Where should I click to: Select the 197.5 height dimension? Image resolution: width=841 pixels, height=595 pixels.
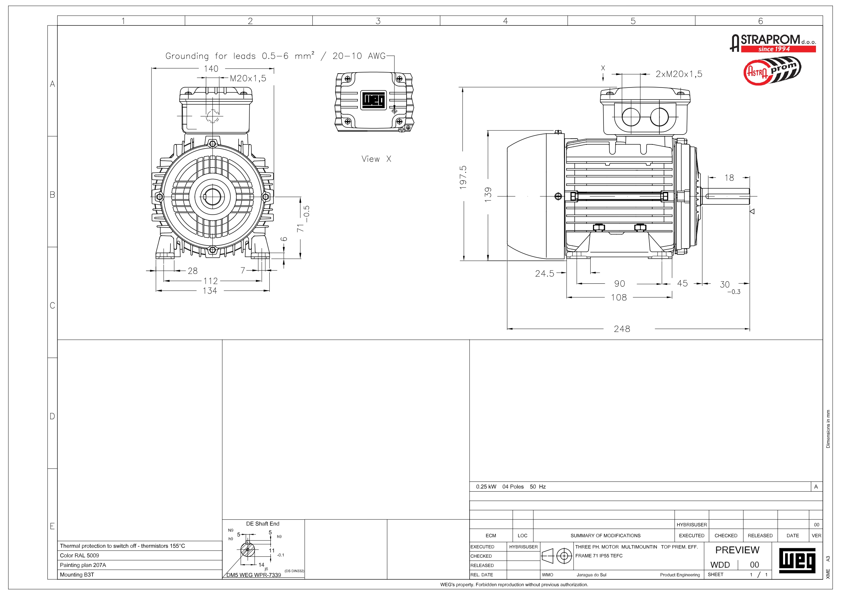(x=463, y=177)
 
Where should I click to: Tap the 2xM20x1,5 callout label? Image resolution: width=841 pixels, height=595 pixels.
(x=679, y=74)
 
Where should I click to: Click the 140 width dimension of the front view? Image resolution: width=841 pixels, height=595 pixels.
(x=211, y=68)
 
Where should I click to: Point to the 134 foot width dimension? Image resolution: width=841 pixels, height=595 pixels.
(x=210, y=291)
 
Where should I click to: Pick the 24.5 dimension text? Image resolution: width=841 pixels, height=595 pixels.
(x=544, y=274)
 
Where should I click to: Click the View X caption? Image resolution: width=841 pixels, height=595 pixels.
(x=376, y=159)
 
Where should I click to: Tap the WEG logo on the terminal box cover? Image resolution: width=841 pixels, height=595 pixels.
(x=374, y=100)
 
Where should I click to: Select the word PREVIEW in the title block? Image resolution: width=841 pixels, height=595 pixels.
(x=737, y=550)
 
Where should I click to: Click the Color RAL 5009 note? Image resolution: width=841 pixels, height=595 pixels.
(x=80, y=555)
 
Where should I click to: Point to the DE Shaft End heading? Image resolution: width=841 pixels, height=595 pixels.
(x=263, y=524)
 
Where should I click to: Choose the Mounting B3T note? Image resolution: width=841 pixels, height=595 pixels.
(x=77, y=574)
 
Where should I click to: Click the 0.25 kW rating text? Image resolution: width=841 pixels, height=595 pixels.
(x=486, y=487)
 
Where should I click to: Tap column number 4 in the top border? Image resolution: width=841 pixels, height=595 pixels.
(x=506, y=21)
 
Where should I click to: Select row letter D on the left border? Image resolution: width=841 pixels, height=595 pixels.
(x=53, y=416)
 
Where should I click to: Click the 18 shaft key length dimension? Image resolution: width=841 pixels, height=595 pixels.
(x=729, y=178)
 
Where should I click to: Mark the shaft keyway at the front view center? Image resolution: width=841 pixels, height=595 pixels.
(x=205, y=197)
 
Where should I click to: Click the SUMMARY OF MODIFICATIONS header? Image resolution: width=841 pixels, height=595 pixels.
(x=605, y=536)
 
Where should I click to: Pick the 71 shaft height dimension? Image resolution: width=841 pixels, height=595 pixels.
(x=300, y=228)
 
